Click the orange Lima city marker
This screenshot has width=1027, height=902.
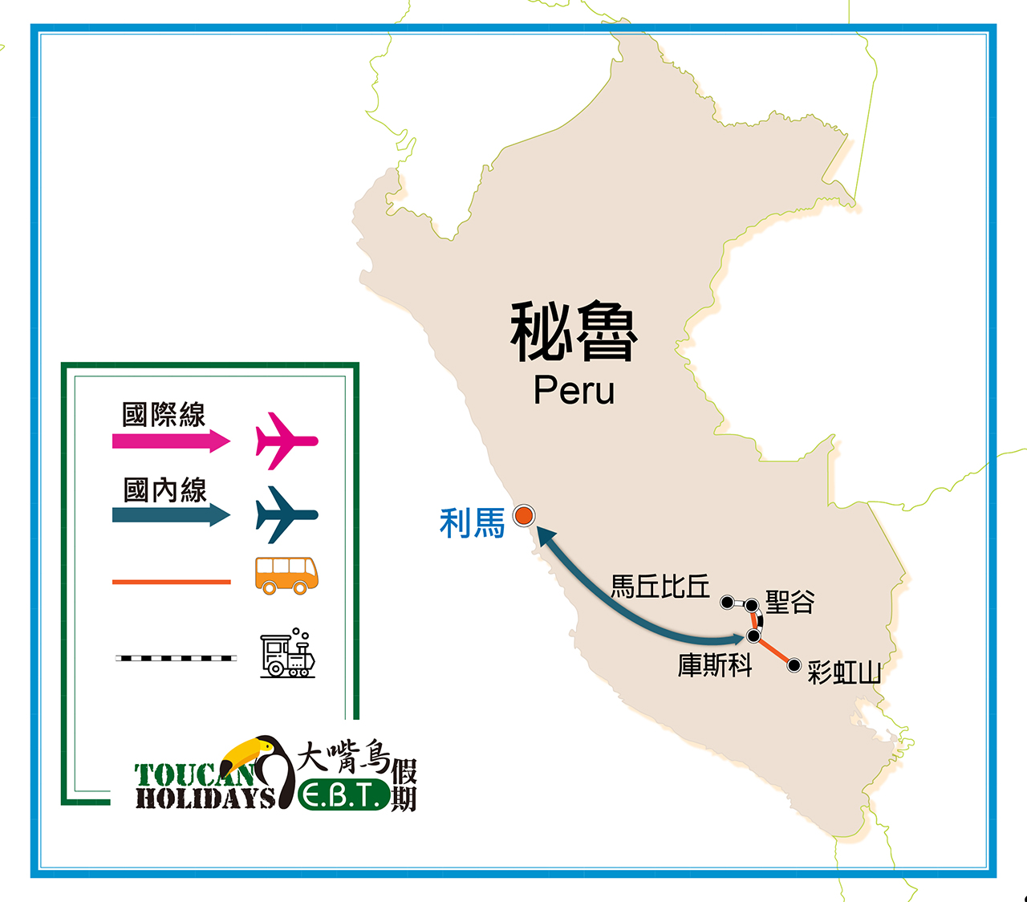[x=524, y=515]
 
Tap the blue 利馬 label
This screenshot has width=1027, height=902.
[x=472, y=523]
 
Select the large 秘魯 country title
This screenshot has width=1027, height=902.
[x=574, y=331]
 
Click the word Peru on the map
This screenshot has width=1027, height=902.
[x=574, y=390]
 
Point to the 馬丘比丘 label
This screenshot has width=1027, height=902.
[x=660, y=587]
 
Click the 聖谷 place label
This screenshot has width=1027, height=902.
[x=790, y=601]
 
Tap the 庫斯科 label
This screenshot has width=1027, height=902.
[x=714, y=665]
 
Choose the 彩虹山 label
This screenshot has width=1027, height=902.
[x=844, y=672]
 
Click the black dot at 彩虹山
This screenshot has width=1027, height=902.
[x=794, y=665]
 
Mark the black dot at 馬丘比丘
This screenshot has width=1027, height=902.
[x=727, y=602]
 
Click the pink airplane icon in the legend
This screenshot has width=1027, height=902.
[x=286, y=441]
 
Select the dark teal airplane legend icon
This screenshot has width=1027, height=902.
[x=286, y=514]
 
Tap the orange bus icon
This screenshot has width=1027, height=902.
[x=286, y=575]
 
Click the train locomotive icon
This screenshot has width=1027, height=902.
[x=287, y=654]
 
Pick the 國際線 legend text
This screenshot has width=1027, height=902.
[x=164, y=415]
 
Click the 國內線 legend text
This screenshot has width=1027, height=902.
[x=165, y=490]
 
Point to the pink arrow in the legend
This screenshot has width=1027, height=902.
[x=170, y=441]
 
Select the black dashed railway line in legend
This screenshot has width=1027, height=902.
[x=176, y=658]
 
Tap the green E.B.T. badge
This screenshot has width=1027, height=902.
[x=343, y=795]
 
